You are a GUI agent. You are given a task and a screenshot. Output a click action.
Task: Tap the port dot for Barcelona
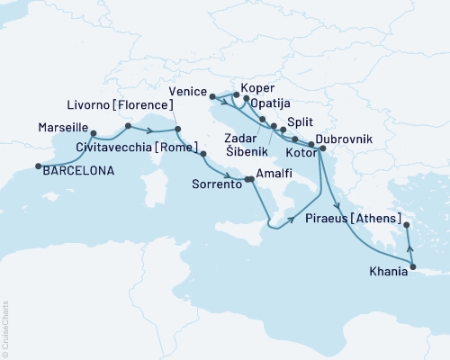pos(39,166)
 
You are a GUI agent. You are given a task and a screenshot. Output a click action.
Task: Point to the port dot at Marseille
pos(94,135)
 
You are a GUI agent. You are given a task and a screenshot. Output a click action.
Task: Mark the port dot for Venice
pos(211,95)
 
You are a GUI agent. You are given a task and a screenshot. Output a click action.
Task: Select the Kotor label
pos(302,156)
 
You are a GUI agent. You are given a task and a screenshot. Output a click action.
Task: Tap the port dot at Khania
pos(412,265)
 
